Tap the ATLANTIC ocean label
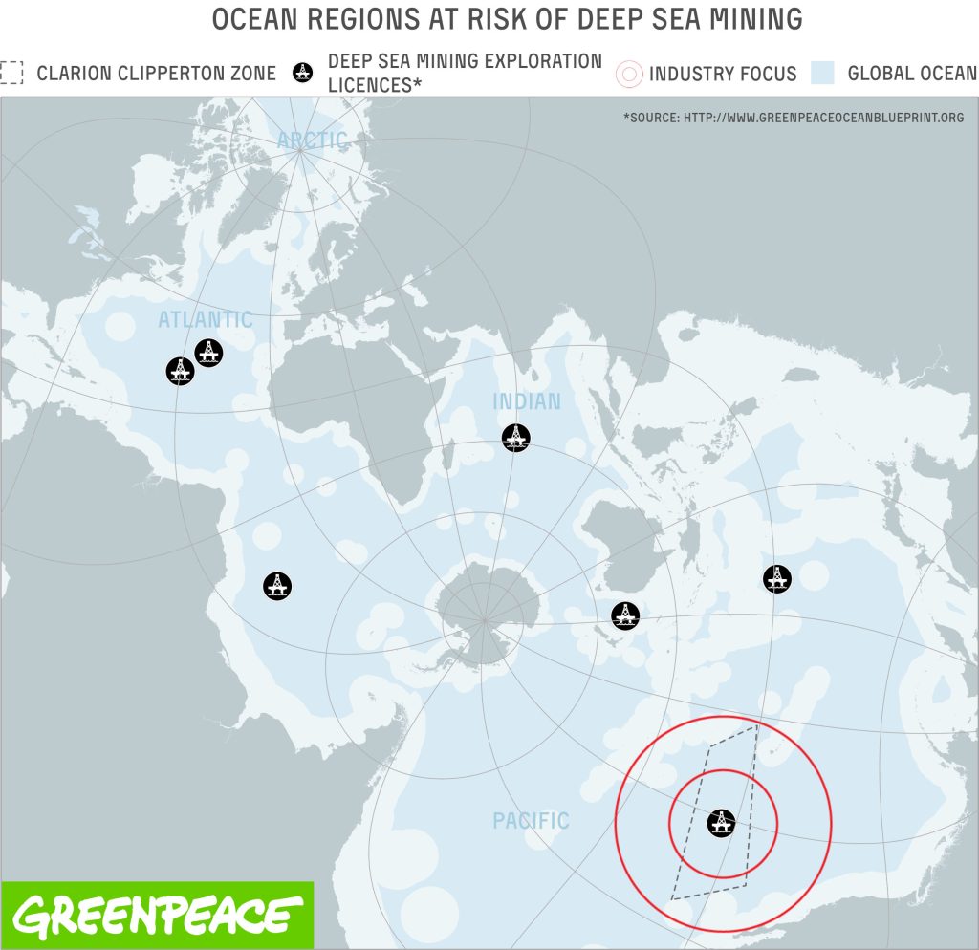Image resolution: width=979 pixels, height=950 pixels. [206, 320]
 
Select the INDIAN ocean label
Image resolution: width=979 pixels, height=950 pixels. [526, 401]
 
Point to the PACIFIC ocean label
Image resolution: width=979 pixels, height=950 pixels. [531, 820]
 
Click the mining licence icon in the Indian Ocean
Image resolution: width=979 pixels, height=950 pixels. [515, 438]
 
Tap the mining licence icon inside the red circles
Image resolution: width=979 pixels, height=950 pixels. [721, 822]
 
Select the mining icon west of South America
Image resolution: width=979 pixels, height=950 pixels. [277, 586]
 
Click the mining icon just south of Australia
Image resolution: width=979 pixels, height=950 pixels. [625, 615]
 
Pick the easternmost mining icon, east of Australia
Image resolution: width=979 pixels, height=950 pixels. [776, 578]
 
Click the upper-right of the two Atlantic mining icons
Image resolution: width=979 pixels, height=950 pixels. [208, 353]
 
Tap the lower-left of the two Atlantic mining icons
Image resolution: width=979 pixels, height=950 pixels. [180, 371]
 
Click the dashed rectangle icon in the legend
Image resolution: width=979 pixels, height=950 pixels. [12, 73]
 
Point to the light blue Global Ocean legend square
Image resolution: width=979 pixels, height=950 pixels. [822, 74]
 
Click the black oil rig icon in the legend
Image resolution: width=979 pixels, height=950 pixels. [303, 73]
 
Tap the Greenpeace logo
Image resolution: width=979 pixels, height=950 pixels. [158, 915]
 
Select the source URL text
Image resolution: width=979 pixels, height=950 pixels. [794, 118]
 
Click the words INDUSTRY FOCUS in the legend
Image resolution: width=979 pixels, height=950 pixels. [723, 74]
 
